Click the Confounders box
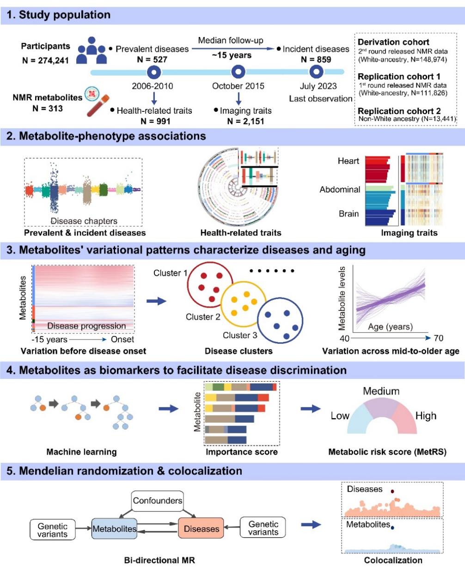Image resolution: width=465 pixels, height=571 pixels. click(158, 500)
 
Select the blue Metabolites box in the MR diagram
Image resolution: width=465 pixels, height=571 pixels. click(114, 528)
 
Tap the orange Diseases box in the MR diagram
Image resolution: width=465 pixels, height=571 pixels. click(201, 528)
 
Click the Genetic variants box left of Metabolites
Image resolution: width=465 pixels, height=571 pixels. click(52, 530)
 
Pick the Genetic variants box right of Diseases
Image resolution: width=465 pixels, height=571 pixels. click(263, 528)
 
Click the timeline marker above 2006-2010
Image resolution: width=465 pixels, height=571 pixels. click(153, 72)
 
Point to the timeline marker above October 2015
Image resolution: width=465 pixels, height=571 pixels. click(238, 72)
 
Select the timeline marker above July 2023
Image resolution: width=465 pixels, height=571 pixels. click(317, 72)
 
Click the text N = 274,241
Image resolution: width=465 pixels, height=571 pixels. click(45, 60)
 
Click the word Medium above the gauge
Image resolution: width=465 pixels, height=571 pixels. click(381, 391)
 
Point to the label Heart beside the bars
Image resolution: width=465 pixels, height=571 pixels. click(348, 161)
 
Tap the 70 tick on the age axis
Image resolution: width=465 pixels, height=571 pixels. click(438, 338)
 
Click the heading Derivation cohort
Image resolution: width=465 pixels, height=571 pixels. click(393, 42)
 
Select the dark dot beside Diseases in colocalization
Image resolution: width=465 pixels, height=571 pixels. click(392, 492)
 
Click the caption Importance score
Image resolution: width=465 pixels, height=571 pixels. click(242, 452)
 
